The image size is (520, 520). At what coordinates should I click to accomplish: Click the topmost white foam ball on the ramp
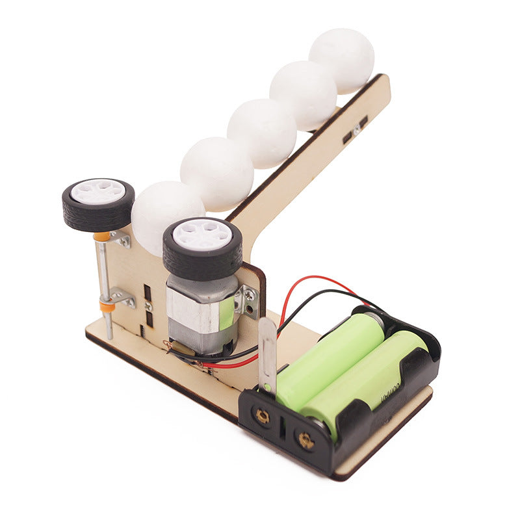pos(342,60)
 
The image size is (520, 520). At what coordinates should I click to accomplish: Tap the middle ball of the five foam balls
pos(261,133)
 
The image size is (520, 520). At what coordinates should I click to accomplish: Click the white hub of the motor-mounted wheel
pos(203,235)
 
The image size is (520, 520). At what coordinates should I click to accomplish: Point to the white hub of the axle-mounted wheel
pos(98,191)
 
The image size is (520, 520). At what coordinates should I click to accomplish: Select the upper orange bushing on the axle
pos(102,237)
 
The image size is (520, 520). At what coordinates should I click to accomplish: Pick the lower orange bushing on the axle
pos(107,304)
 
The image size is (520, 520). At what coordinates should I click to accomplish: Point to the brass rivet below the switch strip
pos(262,416)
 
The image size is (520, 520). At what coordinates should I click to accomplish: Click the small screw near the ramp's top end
pos(357,131)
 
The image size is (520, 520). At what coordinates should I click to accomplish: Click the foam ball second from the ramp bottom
pos(216,174)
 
